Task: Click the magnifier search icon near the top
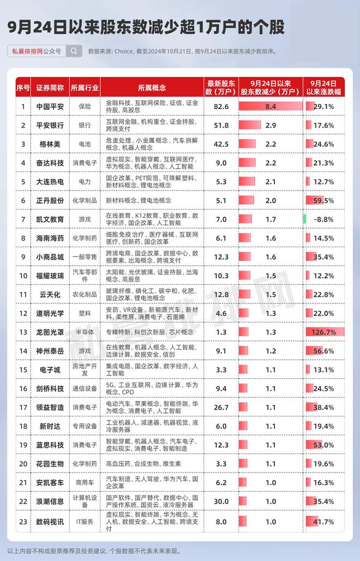click(74, 51)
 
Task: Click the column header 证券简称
click(50, 88)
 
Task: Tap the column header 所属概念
click(152, 88)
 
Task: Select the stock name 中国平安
click(50, 106)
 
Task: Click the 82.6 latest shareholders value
click(221, 106)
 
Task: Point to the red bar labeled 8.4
click(271, 106)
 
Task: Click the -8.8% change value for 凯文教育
click(323, 219)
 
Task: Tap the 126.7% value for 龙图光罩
click(323, 332)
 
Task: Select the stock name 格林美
click(50, 144)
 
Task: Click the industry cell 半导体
click(85, 332)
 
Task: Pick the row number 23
click(23, 522)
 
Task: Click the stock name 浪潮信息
click(50, 502)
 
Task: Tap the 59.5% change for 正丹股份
click(323, 201)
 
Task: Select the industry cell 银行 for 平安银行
click(85, 125)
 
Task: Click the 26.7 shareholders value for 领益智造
click(221, 408)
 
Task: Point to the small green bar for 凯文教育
click(304, 219)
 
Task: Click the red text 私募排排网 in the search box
click(27, 51)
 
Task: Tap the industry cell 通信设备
click(85, 389)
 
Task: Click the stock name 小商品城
click(50, 257)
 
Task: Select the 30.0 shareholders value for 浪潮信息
click(221, 502)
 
